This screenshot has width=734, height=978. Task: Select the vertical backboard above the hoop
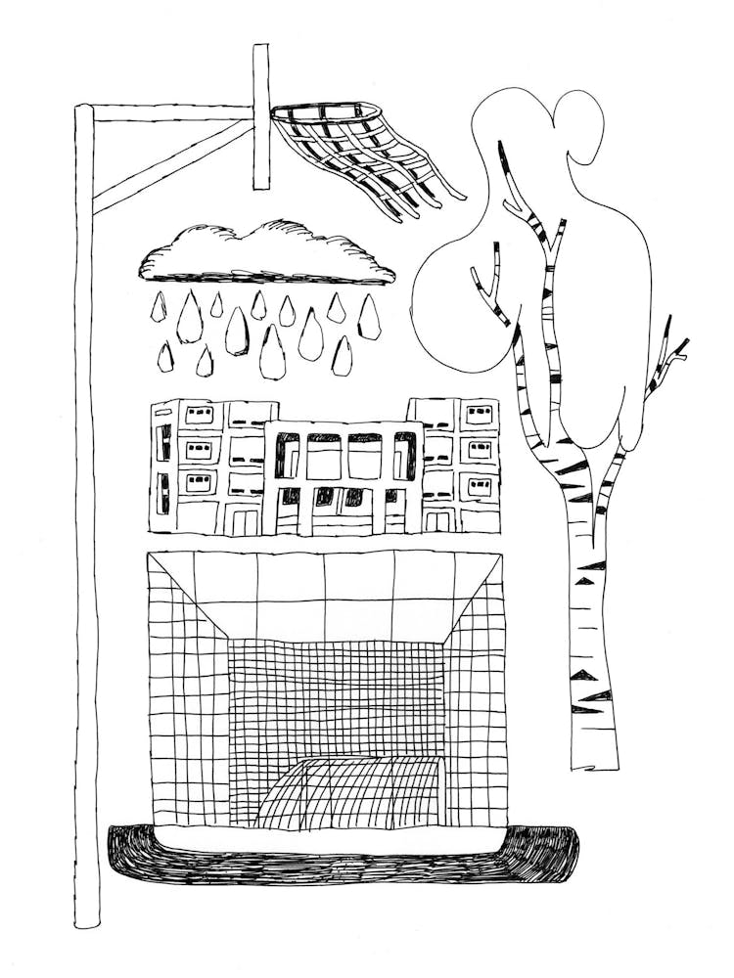coord(260,117)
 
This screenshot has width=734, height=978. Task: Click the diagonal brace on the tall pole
coord(171,166)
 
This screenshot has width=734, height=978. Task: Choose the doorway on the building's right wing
coord(437,519)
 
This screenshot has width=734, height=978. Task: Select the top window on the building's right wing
coord(479,413)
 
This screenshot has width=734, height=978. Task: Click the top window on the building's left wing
coord(199,414)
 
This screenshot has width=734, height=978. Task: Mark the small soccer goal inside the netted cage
coord(352,792)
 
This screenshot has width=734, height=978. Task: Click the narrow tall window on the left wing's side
coord(164,441)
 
